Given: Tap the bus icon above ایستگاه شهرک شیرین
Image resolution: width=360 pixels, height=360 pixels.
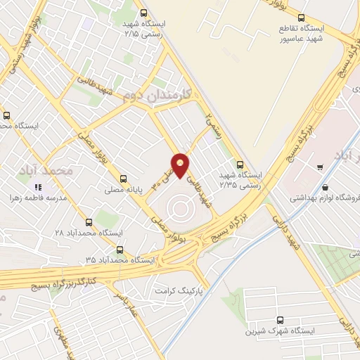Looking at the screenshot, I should (x=281, y=320).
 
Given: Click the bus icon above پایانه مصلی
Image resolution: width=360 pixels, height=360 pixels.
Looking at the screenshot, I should (x=124, y=178).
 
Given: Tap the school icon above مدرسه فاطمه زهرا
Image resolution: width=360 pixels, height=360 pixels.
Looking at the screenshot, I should (x=38, y=187).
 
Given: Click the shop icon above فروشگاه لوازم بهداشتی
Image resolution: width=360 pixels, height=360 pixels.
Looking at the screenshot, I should (x=320, y=167).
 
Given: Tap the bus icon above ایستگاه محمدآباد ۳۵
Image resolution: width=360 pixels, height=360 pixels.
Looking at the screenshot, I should (x=120, y=249).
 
